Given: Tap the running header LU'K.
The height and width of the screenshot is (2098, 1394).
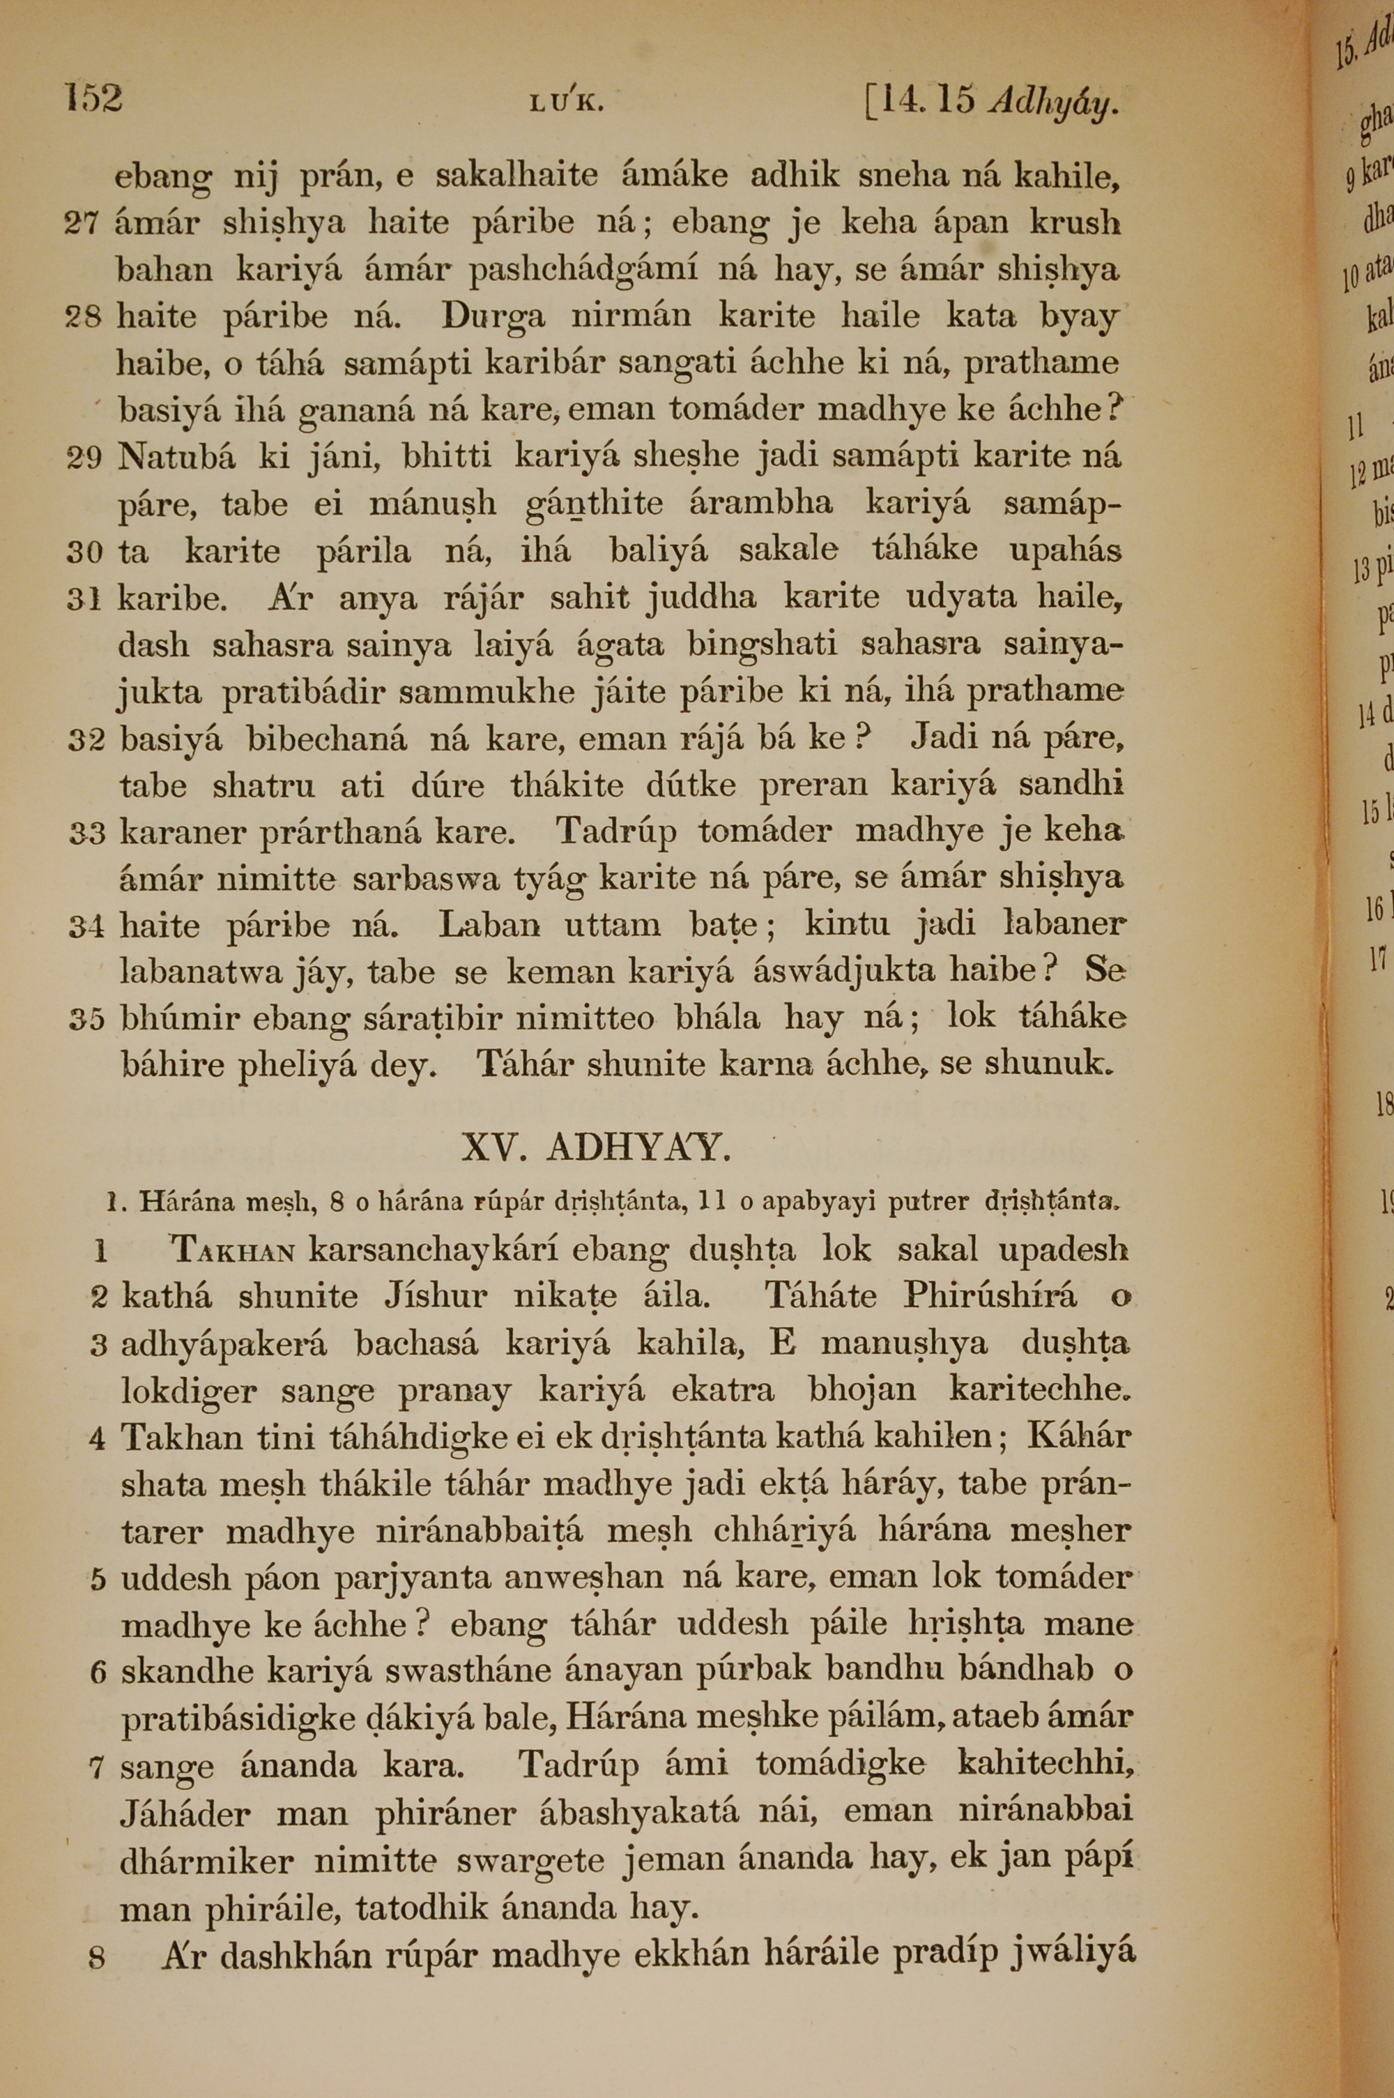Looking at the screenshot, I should [566, 104].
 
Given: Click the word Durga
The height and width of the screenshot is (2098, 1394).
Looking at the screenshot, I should [493, 317].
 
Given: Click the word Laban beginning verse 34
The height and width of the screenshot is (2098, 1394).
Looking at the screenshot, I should [489, 925].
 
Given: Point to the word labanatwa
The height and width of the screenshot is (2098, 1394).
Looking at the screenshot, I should [201, 972].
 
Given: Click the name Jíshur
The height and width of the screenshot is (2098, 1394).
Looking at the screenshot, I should [436, 1297].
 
